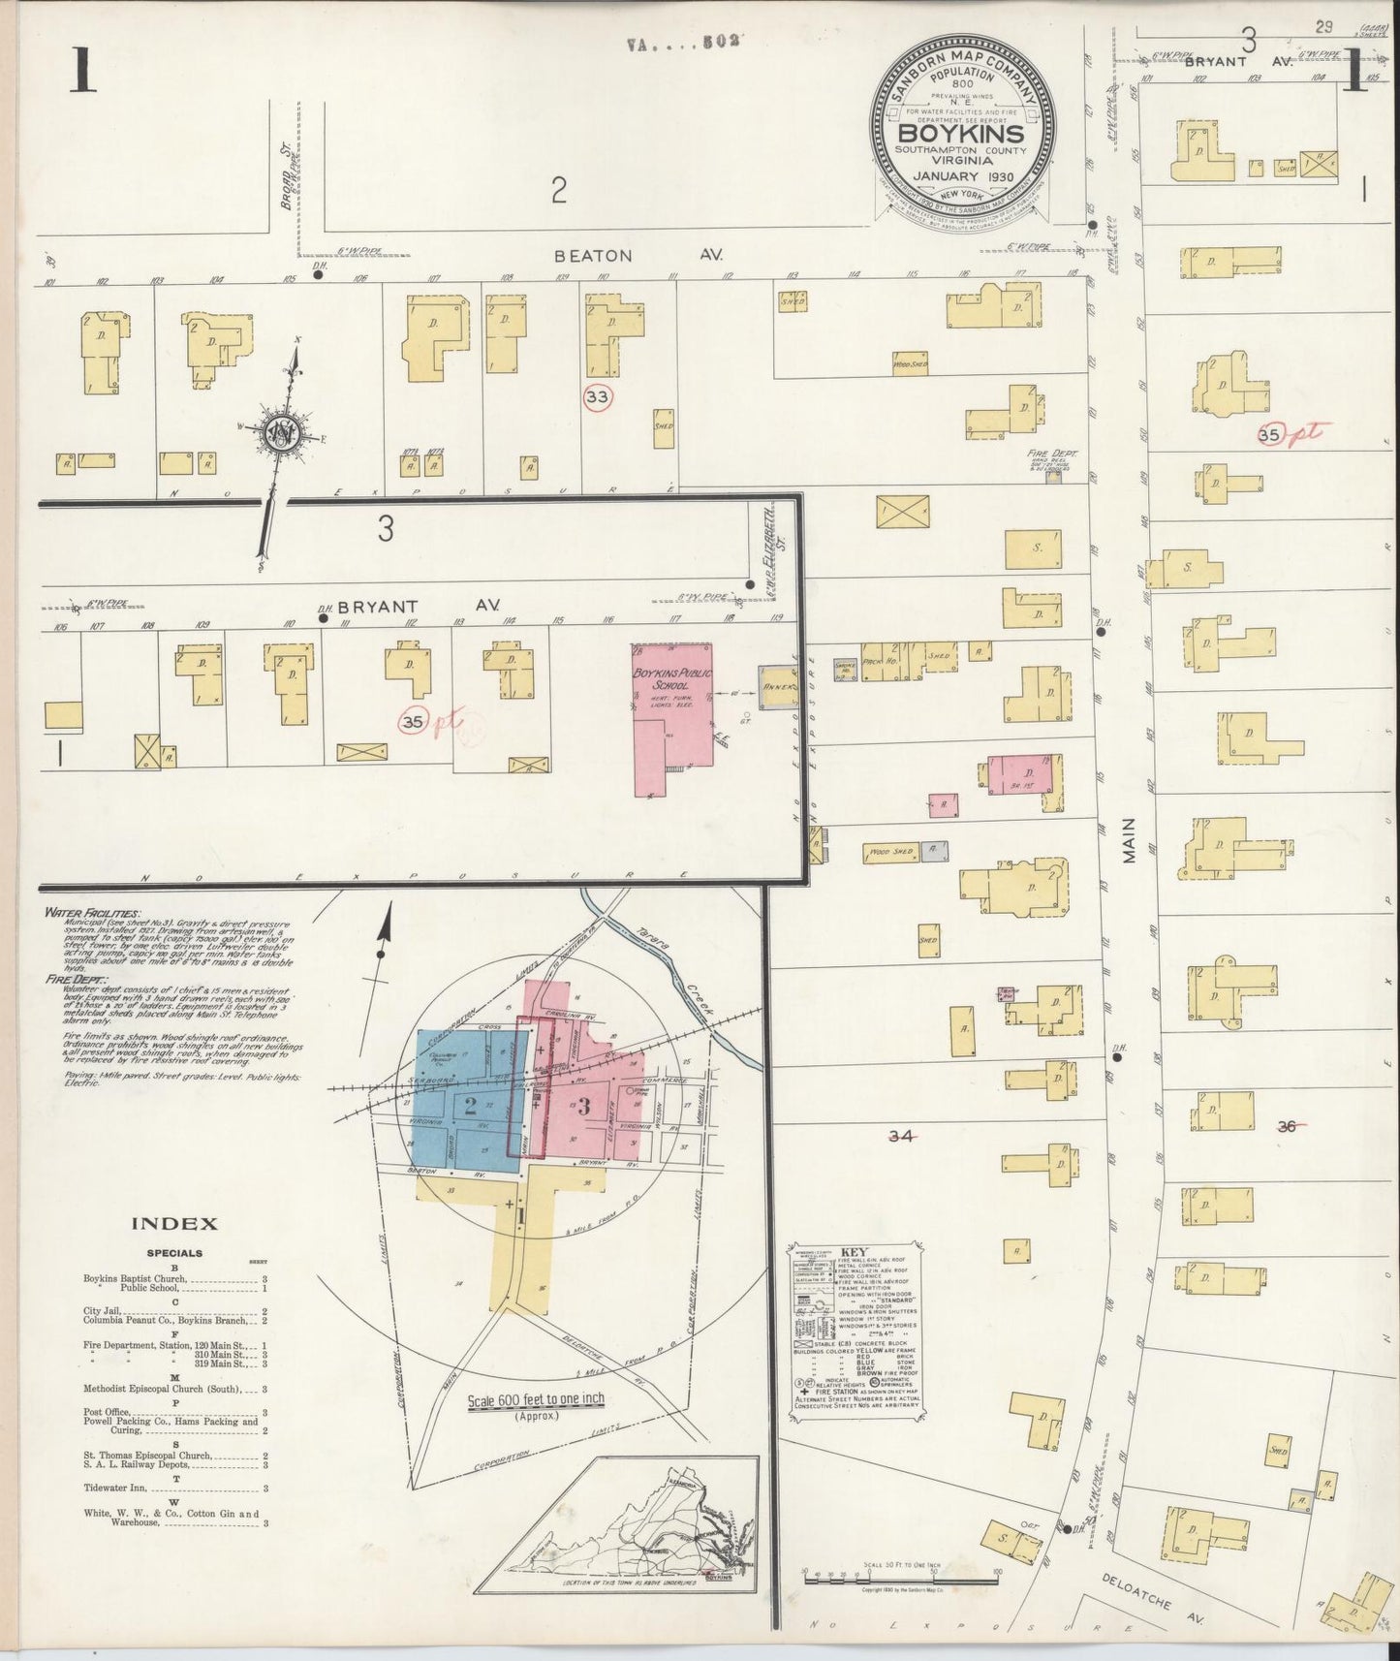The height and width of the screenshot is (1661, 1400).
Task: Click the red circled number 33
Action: pyautogui.click(x=598, y=396)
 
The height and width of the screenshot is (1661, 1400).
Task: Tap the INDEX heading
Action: pyautogui.click(x=175, y=1224)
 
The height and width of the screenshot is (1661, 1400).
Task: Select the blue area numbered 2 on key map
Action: pyautogui.click(x=470, y=1105)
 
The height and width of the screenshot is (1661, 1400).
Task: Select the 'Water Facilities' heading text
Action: pyautogui.click(x=93, y=914)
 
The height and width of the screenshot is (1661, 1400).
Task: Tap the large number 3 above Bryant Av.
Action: pyautogui.click(x=386, y=530)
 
